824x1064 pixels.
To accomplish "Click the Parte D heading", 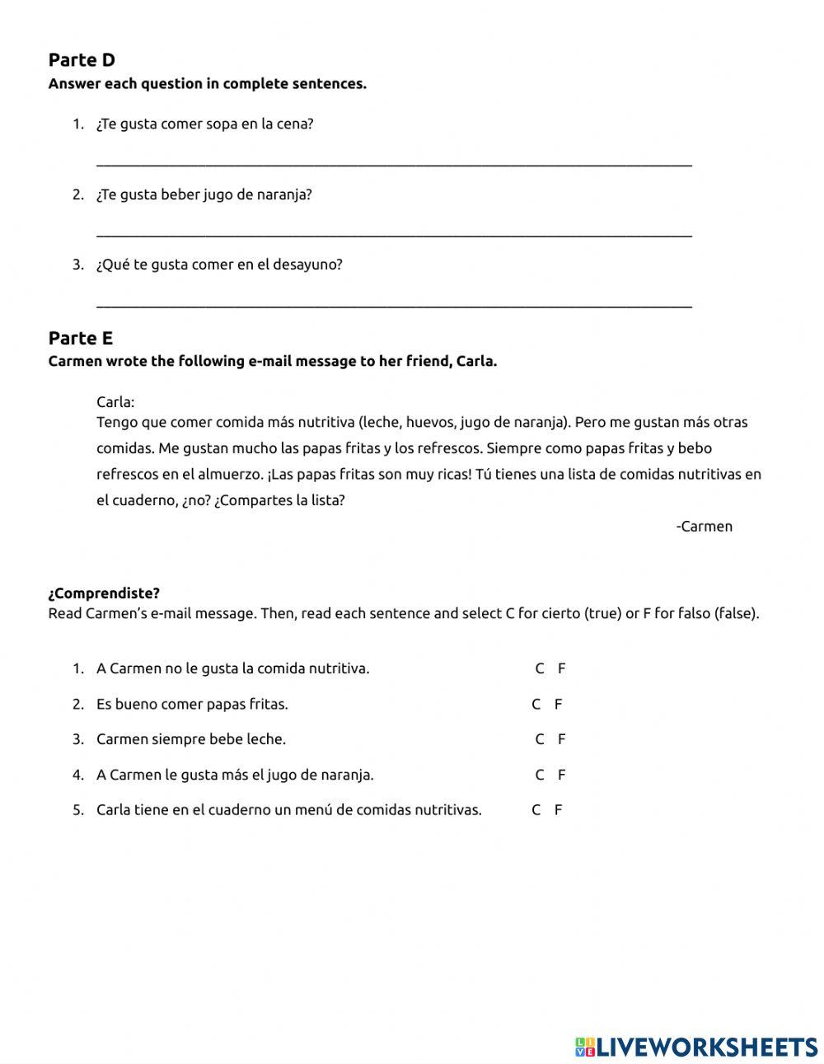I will pyautogui.click(x=82, y=60).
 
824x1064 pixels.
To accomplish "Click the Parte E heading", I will pyautogui.click(x=81, y=338).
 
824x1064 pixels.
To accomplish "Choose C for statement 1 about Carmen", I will pyautogui.click(x=540, y=668).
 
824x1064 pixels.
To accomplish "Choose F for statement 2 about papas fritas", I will pyautogui.click(x=558, y=704).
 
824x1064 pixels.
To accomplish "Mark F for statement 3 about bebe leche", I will pyautogui.click(x=561, y=739).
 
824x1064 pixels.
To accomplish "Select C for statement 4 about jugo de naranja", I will pyautogui.click(x=540, y=775).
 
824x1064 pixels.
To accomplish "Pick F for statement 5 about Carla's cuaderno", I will pyautogui.click(x=558, y=810).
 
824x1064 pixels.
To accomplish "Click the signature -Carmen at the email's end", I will pyautogui.click(x=704, y=527).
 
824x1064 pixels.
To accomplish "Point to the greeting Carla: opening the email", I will pyautogui.click(x=115, y=402).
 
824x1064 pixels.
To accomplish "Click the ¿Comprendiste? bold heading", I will pyautogui.click(x=104, y=593).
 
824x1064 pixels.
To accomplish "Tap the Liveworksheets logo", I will pyautogui.click(x=696, y=1047).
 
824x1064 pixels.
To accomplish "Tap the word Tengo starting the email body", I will pyautogui.click(x=116, y=423).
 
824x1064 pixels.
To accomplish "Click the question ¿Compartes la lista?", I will pyautogui.click(x=279, y=500).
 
